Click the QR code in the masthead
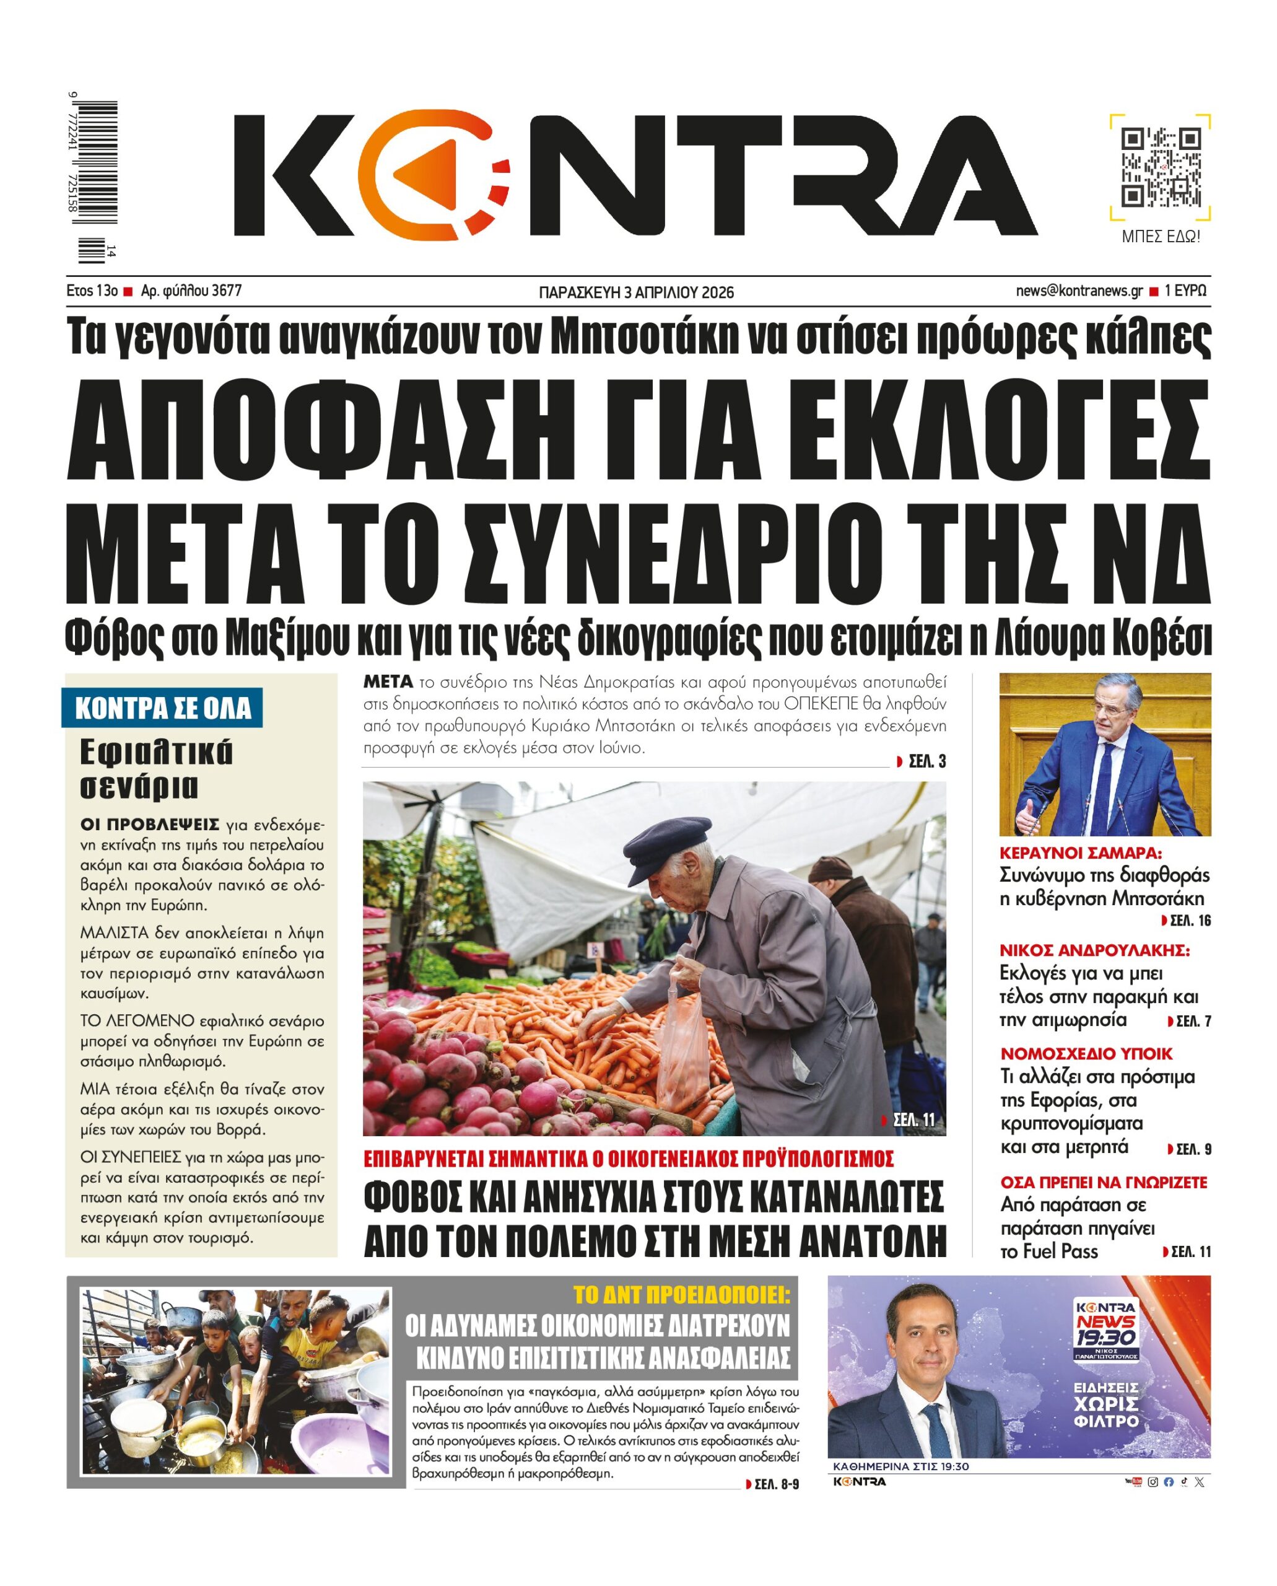pyautogui.click(x=1160, y=168)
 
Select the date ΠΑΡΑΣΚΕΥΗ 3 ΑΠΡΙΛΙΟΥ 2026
pyautogui.click(x=636, y=293)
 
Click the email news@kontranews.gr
pyautogui.click(x=1079, y=291)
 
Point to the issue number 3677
pyautogui.click(x=226, y=291)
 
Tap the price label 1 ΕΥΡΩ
pyautogui.click(x=1185, y=291)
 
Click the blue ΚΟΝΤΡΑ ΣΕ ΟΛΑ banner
pyautogui.click(x=163, y=708)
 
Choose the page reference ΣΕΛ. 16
pyautogui.click(x=1188, y=921)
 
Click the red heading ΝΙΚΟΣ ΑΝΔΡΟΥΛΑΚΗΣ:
pyautogui.click(x=1094, y=950)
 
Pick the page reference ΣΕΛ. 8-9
pyautogui.click(x=774, y=1484)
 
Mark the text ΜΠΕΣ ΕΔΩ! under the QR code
pyautogui.click(x=1160, y=237)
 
